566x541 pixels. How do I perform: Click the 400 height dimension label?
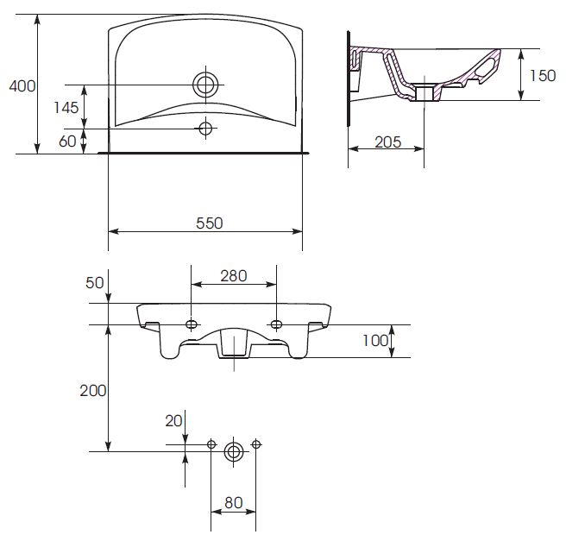coord(22,86)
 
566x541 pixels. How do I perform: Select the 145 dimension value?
coord(66,108)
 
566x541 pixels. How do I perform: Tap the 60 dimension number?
coord(67,142)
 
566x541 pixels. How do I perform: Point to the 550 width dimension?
coord(210,223)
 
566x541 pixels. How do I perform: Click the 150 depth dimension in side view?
coord(543,76)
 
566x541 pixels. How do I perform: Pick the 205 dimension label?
coord(387,142)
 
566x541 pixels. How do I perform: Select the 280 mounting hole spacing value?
coord(234,276)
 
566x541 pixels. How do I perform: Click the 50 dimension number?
coord(95,283)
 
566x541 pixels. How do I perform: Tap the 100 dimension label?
coord(375,341)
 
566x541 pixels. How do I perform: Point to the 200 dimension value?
coord(93,391)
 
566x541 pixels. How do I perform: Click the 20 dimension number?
coord(173,421)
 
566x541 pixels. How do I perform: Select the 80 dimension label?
coord(234,503)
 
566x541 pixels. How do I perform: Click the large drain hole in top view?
coord(205,85)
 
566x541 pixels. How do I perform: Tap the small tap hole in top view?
coord(205,128)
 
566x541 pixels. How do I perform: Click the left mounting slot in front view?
coord(192,324)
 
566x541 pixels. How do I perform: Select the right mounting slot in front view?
coord(276,324)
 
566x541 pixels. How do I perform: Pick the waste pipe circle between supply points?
coord(234,451)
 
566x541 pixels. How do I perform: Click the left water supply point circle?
coord(211,444)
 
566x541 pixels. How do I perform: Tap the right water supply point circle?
coord(256,444)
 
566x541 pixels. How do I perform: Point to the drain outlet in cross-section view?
coord(424,92)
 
